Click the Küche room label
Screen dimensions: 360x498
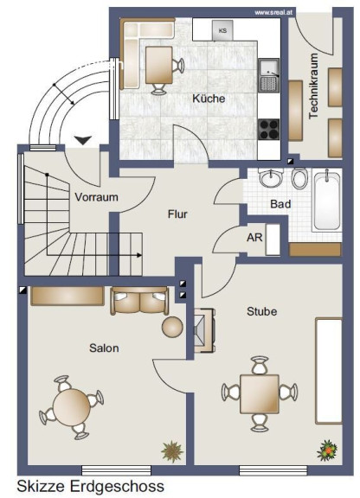[x=209, y=99]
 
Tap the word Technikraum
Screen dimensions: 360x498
[x=313, y=86]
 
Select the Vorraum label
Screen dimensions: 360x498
[x=96, y=197]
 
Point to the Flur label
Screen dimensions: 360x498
[x=177, y=214]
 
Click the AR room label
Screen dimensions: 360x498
[x=254, y=237]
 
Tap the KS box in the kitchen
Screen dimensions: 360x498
[x=222, y=30]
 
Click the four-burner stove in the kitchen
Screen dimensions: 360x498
[x=269, y=130]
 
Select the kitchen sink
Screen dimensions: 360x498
[x=269, y=75]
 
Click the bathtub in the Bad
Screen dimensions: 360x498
[x=326, y=200]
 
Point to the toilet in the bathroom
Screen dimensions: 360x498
[x=300, y=178]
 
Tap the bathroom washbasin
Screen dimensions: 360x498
[x=271, y=178]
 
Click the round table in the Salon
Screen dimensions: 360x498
[x=72, y=407]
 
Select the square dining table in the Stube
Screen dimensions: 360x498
[x=260, y=394]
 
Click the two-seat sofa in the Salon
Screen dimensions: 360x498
[x=139, y=301]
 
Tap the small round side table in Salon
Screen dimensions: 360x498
[x=172, y=327]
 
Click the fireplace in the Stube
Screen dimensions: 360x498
[x=205, y=330]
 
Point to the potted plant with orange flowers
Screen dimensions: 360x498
[x=328, y=450]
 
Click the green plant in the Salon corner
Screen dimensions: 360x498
[x=172, y=451]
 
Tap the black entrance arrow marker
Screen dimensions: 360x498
[x=83, y=140]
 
